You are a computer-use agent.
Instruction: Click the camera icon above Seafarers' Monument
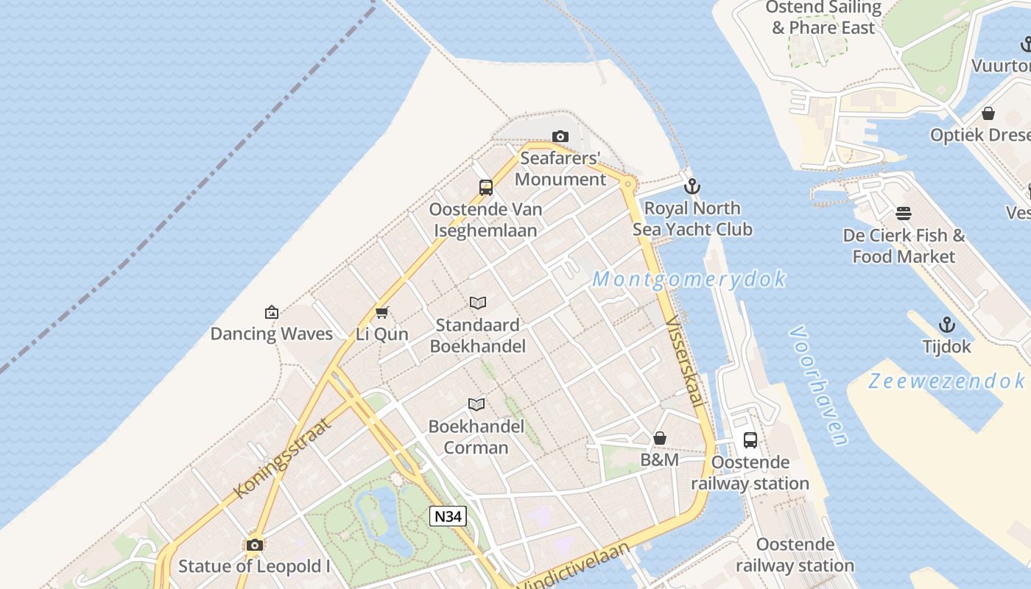pos(560,136)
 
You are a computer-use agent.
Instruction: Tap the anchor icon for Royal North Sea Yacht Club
pos(692,186)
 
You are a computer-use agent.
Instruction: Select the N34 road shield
pos(448,516)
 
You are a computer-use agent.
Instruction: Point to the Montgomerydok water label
pos(689,280)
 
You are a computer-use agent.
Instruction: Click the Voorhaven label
pos(818,386)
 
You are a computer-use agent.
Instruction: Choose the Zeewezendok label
pos(946,381)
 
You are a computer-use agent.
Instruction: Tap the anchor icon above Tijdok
pos(946,324)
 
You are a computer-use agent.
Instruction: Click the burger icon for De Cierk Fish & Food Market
pos(904,214)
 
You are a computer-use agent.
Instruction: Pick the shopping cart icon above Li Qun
pos(381,312)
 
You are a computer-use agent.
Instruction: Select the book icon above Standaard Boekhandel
pos(477,303)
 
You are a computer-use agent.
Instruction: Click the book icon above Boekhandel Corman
pos(476,404)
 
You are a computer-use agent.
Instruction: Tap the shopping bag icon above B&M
pos(660,438)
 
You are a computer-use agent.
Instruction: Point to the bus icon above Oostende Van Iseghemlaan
pos(486,187)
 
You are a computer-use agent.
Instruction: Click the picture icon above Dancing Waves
pos(271,312)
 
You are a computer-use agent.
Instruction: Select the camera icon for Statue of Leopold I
pos(255,545)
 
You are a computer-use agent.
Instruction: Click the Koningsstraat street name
pos(282,456)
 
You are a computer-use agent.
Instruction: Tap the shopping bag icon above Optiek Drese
pos(988,113)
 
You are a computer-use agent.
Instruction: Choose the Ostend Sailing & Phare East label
pos(823,18)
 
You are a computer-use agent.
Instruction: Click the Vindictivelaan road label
pos(576,566)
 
